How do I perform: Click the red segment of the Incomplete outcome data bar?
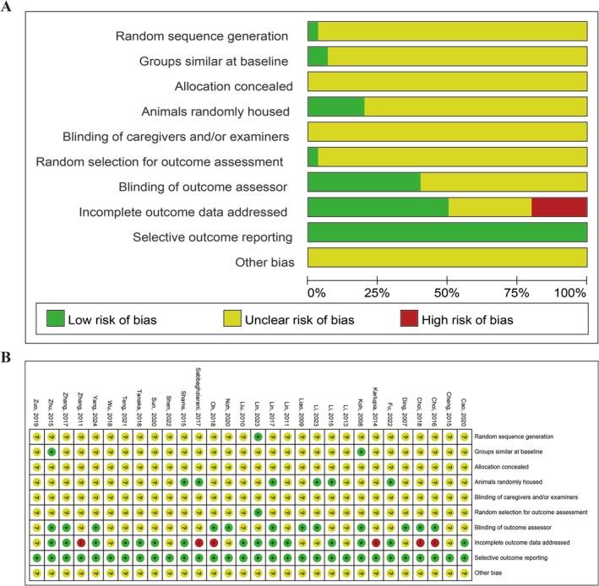pos(559,208)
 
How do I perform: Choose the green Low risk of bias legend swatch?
pos(55,320)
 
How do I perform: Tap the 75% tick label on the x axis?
pos(517,293)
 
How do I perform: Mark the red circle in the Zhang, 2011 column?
pos(81,542)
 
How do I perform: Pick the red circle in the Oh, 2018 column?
pos(214,542)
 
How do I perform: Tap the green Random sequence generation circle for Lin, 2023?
pos(258,437)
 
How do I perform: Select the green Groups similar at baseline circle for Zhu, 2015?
pos(52,453)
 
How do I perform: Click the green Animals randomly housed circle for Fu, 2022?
pos(390,481)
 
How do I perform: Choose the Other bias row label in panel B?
pos(493,573)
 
